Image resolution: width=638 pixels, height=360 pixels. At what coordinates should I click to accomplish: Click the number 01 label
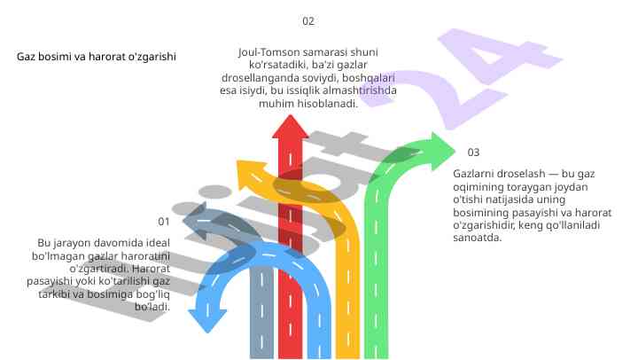click(163, 221)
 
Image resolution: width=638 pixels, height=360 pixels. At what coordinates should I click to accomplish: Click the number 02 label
click(307, 20)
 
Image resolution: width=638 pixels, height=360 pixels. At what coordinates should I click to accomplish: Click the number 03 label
click(473, 153)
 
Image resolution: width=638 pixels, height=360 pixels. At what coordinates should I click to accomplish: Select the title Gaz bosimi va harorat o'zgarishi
click(97, 56)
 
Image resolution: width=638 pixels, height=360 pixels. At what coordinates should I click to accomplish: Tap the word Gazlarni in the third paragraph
click(474, 176)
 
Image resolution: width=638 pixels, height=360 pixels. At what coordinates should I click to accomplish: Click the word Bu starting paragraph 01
click(43, 242)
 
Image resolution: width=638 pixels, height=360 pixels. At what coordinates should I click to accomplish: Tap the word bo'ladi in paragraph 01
click(152, 306)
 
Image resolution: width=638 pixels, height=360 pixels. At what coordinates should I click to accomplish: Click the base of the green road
click(389, 350)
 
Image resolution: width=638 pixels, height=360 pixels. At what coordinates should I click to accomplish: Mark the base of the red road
click(289, 350)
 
